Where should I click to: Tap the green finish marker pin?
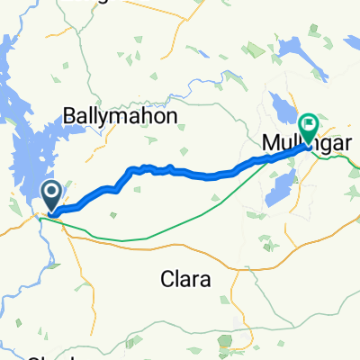tap(310, 128)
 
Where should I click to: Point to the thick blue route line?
tap(180, 172)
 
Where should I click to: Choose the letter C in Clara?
tap(166, 279)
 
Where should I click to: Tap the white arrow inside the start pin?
tap(51, 191)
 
